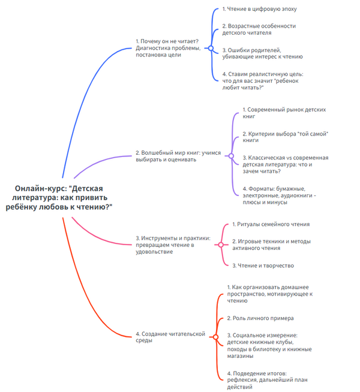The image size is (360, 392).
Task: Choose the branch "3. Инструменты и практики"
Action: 173,245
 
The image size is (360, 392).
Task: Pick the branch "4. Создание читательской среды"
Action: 170,337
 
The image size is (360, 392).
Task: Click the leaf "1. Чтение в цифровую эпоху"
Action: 259,10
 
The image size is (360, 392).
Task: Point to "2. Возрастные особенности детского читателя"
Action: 259,30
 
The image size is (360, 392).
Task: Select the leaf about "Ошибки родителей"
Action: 262,53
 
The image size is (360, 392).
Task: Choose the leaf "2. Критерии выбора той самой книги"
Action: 286,136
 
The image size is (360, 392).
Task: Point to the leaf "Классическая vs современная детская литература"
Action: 284,164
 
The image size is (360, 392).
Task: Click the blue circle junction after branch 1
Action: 210,48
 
